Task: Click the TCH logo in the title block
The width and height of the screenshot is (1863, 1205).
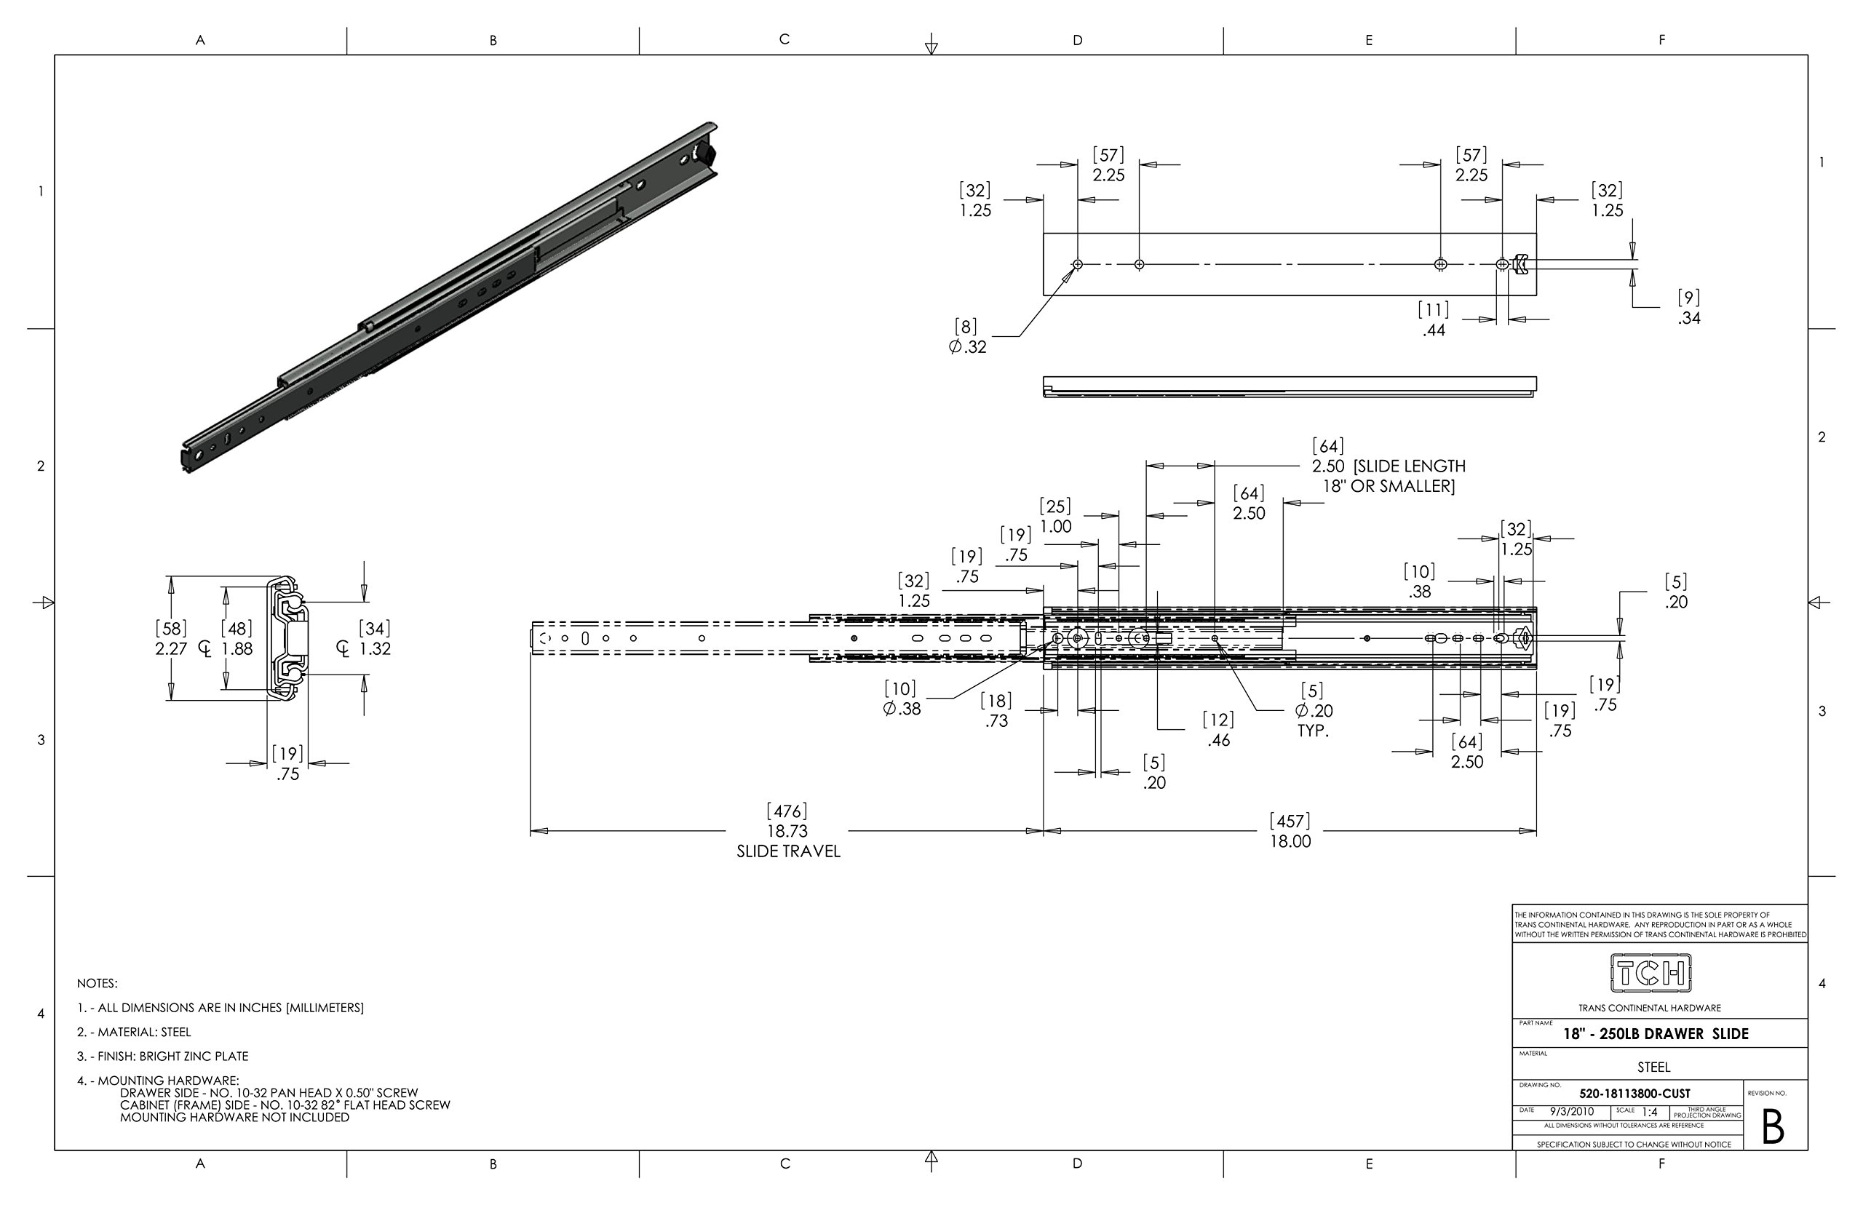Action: coord(1651,973)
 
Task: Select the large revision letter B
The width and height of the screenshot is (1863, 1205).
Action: coord(1772,1128)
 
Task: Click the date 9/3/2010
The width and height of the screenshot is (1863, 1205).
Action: coord(1571,1111)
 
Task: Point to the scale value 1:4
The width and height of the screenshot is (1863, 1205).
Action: coord(1649,1112)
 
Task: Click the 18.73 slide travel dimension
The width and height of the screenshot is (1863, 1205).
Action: coord(787,831)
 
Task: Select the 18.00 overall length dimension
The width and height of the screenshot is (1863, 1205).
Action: coord(1290,841)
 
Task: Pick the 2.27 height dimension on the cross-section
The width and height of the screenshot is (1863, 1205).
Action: coord(171,648)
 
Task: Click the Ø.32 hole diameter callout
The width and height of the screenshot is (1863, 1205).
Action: coord(969,346)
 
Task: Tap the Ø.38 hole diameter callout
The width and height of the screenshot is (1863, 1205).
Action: coord(902,709)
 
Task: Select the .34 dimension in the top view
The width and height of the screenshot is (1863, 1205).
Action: coord(1688,318)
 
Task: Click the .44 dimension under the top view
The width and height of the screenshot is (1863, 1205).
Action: coord(1434,330)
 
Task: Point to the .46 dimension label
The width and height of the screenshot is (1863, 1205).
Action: coord(1218,739)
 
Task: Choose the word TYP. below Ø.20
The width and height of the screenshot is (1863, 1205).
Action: coord(1313,731)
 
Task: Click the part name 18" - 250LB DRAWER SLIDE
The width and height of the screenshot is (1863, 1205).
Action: coord(1656,1034)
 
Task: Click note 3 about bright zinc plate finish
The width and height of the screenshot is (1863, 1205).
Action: coord(163,1057)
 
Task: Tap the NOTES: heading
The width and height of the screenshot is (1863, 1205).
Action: coord(97,984)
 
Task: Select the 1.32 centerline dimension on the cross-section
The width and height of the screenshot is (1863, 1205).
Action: coord(374,648)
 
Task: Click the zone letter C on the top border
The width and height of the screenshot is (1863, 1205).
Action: coord(784,39)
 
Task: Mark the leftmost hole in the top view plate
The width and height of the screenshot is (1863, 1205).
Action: coord(1078,264)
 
